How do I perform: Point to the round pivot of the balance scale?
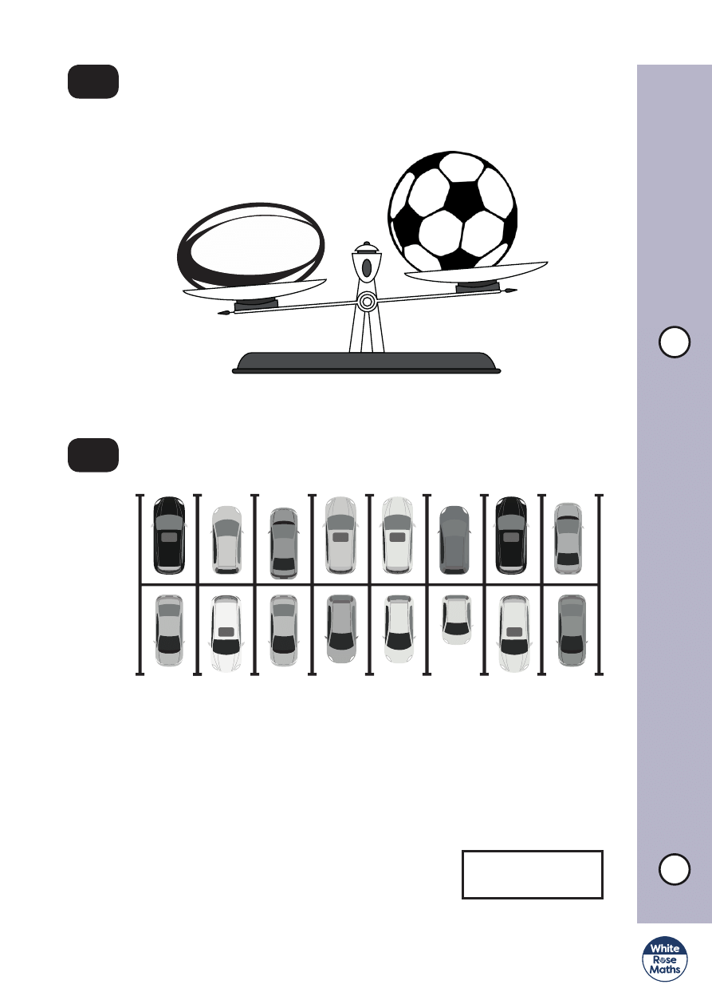point(366,301)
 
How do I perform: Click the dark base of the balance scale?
point(367,362)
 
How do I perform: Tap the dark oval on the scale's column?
point(366,267)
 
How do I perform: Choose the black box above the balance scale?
point(93,82)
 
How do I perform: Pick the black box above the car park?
point(93,455)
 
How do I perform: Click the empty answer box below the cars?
point(532,875)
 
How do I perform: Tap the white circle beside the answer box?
point(674,869)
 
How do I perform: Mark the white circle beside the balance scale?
point(674,342)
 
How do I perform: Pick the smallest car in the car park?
point(456,619)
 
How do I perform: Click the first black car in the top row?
point(169,535)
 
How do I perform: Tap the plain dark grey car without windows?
point(455,540)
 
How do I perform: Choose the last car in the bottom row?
point(572,630)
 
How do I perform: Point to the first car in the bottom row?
point(169,630)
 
